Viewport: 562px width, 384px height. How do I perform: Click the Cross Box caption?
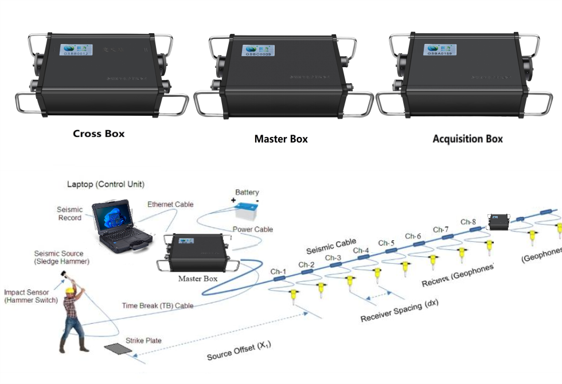99,134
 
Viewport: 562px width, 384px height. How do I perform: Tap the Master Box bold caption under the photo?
281,139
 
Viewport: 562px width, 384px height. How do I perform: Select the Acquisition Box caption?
467,139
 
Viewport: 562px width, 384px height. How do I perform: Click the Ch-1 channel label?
278,271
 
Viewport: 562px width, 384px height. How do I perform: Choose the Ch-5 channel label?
387,242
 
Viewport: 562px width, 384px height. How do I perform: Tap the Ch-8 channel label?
468,222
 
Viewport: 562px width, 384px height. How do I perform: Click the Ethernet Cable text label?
170,204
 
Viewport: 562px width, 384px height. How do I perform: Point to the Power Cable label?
252,229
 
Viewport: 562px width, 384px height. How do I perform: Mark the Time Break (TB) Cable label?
158,306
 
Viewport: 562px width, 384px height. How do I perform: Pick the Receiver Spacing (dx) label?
399,310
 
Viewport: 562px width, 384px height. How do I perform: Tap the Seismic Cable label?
331,246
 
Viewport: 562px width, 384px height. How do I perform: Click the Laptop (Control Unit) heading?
106,184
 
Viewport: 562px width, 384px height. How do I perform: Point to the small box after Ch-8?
497,221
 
